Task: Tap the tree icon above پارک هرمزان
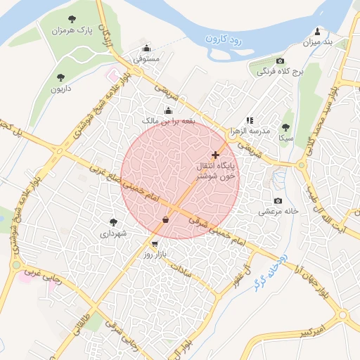coord(72,19)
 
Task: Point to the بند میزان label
coord(316,42)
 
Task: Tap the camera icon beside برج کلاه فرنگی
coord(281,61)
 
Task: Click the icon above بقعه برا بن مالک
coord(167,110)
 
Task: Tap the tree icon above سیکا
coord(285,127)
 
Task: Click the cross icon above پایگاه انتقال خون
coord(215,155)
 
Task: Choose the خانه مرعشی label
coord(278,210)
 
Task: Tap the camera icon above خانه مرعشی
coord(279,200)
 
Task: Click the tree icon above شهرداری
coord(113,222)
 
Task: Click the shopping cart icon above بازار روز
coord(154,243)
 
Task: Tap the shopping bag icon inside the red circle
coord(165,220)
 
